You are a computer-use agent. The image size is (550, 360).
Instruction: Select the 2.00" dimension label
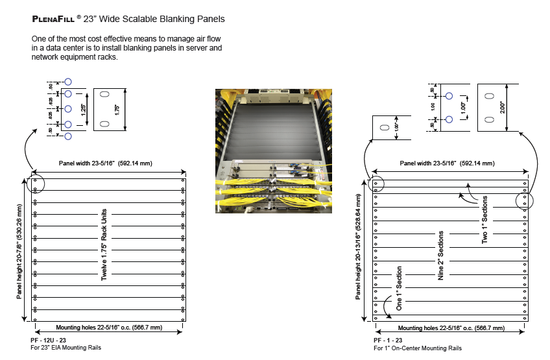coord(503,107)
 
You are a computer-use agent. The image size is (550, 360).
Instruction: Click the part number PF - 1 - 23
coord(389,340)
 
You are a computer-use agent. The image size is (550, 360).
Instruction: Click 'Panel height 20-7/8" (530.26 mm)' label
coord(21,250)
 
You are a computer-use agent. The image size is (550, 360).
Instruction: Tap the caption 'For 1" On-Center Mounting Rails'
coord(418,348)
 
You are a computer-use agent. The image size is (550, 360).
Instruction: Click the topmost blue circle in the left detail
coord(67,83)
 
